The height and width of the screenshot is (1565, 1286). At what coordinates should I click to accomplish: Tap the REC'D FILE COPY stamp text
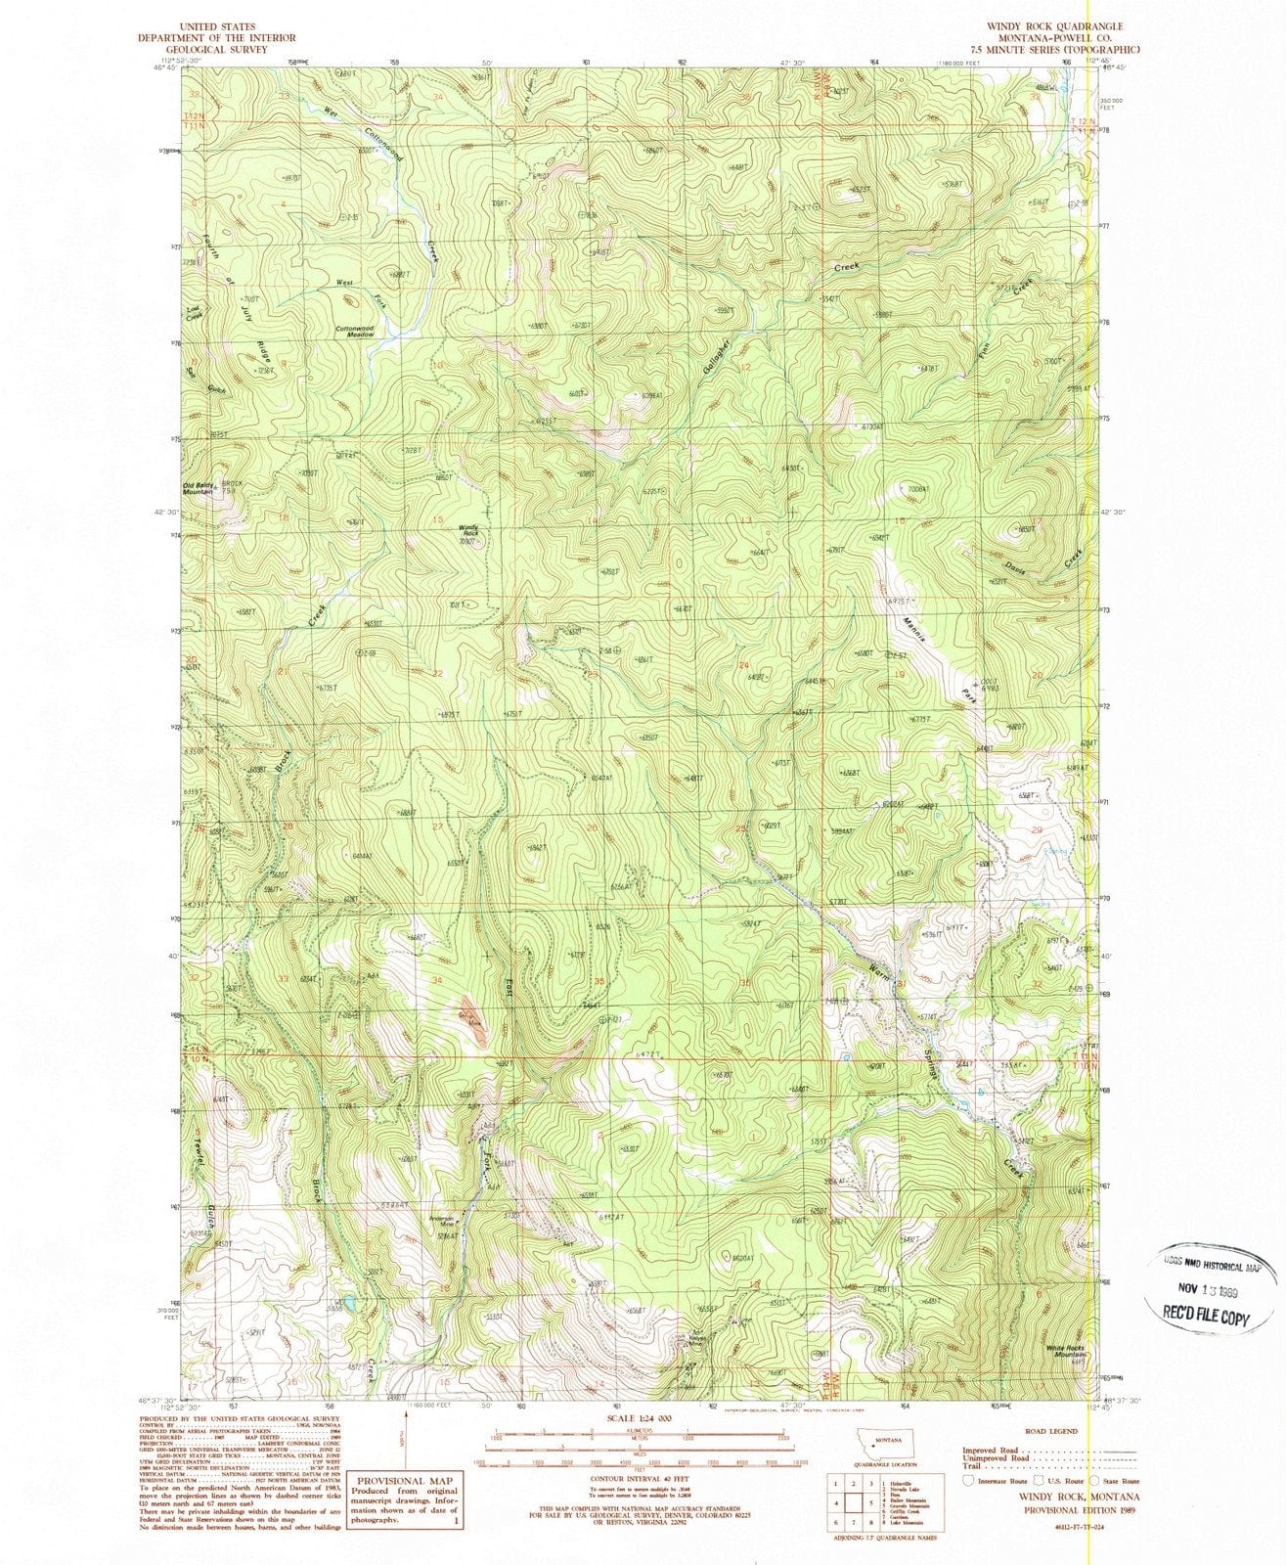pyautogui.click(x=1206, y=1318)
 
